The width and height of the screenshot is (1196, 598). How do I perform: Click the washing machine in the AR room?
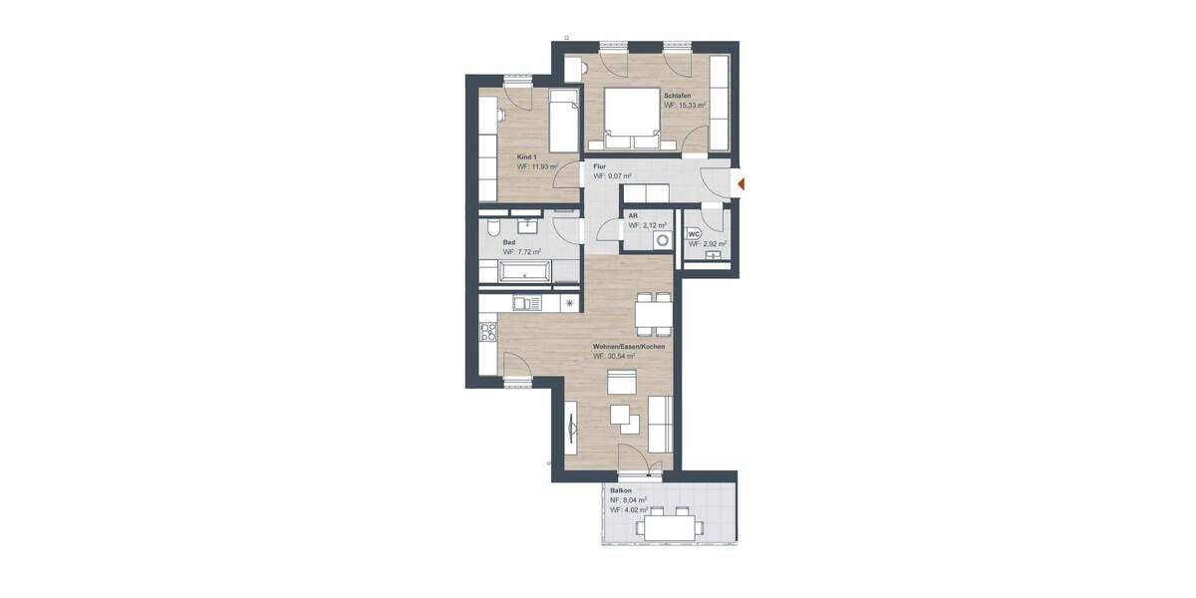coord(660,240)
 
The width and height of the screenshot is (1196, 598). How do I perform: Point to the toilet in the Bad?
coord(491,228)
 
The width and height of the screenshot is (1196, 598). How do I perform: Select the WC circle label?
coord(695,234)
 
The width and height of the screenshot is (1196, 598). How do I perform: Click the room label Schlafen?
coord(679,96)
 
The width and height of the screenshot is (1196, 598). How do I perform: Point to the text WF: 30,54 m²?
coord(615,356)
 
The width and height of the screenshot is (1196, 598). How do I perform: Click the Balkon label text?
coord(622,491)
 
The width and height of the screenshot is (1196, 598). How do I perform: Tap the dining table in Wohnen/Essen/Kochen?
coord(653,317)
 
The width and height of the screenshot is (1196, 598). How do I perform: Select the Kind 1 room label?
coord(527,157)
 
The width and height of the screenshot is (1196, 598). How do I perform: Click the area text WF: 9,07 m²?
coord(613,176)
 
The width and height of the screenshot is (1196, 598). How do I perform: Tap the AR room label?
coord(633,215)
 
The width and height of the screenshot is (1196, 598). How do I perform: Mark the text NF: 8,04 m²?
coord(630,500)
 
